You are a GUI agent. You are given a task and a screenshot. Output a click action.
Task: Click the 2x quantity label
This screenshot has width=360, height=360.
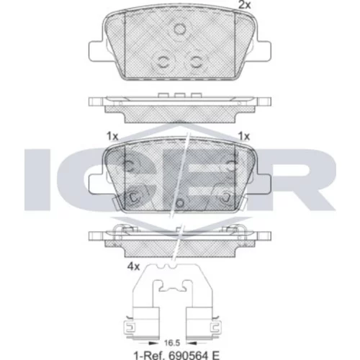[244, 5]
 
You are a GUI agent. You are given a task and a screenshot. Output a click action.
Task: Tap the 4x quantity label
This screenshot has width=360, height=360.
[133, 266]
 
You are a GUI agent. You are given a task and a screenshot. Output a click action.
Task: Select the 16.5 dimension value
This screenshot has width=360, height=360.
[172, 343]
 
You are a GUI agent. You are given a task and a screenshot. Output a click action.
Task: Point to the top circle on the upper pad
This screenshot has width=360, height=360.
[179, 29]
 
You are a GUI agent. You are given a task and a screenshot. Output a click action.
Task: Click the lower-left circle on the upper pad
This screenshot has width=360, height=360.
[164, 63]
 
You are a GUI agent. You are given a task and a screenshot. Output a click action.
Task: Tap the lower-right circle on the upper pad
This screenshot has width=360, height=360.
[197, 63]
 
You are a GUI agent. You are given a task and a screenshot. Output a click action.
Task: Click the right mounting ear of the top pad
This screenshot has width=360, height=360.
[264, 51]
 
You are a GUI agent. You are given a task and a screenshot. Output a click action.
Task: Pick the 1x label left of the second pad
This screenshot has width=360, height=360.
[112, 137]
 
